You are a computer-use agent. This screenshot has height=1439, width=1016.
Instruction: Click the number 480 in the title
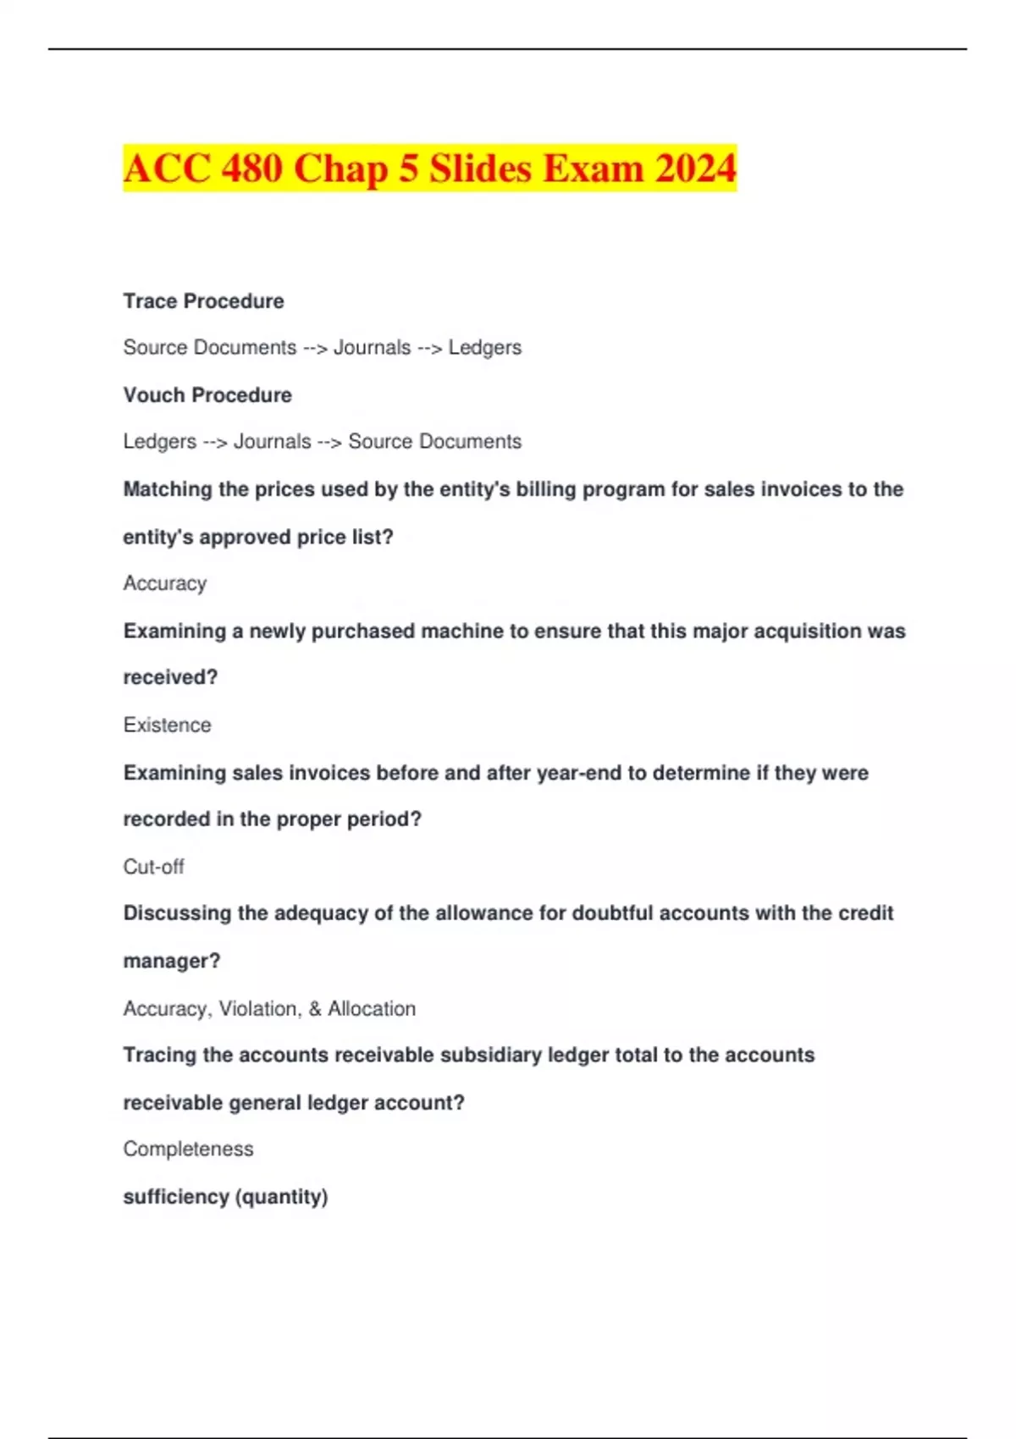coord(251,168)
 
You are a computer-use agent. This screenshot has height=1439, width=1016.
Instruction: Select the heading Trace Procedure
coord(203,301)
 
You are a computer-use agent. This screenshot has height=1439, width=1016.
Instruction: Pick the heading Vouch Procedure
coord(207,395)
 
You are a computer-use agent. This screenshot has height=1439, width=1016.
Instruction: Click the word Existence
coord(167,725)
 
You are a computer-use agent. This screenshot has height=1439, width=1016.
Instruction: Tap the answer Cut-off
coord(153,867)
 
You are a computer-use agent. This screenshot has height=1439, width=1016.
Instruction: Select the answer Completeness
coord(188,1150)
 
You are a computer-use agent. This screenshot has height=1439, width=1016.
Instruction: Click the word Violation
coord(258,1009)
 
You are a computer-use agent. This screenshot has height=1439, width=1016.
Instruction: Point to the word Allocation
coord(372,1009)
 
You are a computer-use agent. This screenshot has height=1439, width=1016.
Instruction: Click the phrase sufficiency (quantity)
coord(225,1197)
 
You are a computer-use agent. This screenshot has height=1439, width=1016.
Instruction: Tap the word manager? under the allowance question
coord(171,962)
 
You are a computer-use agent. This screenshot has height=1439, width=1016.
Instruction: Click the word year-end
coord(579,773)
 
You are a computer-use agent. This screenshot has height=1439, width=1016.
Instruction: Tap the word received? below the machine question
coord(170,678)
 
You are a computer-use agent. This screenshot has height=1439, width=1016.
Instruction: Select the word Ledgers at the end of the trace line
coord(484,348)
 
